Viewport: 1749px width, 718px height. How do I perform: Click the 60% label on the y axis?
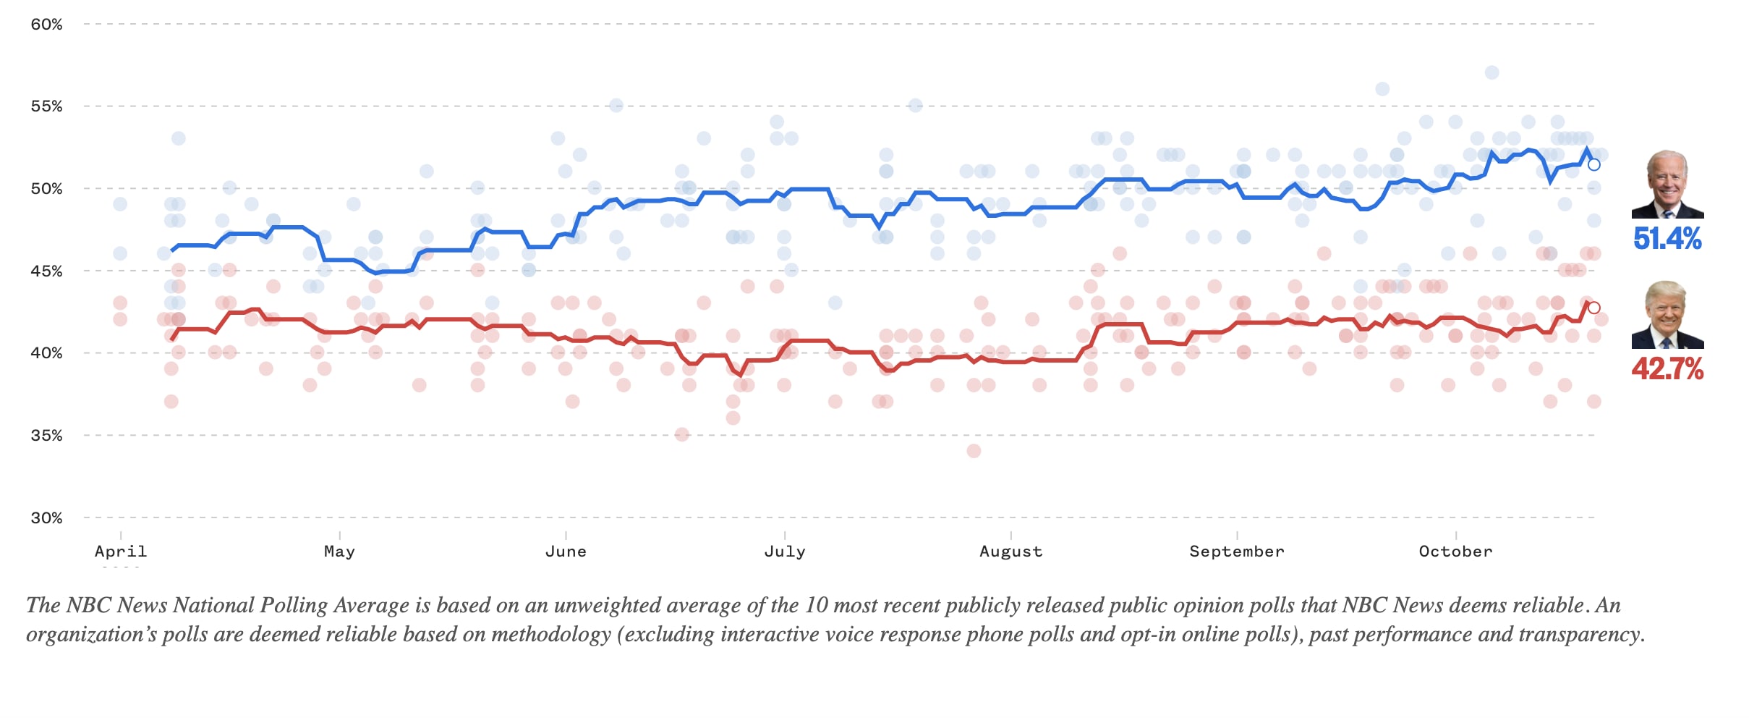[x=46, y=25]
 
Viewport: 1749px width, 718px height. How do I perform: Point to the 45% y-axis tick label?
[x=46, y=271]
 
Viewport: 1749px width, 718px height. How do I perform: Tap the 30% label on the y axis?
[x=46, y=518]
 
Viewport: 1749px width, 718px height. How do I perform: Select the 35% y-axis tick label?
[x=46, y=436]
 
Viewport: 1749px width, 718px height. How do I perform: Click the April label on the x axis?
[x=121, y=552]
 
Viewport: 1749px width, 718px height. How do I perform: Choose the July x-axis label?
[x=785, y=552]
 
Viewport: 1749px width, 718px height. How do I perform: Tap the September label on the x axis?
[x=1237, y=552]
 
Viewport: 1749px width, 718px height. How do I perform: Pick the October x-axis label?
[x=1455, y=552]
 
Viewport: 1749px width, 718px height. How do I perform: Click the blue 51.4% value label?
[x=1667, y=239]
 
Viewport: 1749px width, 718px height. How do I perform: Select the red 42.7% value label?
[x=1667, y=369]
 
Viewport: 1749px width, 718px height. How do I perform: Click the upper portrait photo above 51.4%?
[x=1667, y=185]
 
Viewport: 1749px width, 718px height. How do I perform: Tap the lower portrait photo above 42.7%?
[x=1667, y=315]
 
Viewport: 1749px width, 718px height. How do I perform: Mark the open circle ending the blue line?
[x=1593, y=165]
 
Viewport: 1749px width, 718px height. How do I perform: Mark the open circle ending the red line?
[x=1593, y=308]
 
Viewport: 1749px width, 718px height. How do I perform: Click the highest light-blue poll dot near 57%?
[x=1491, y=72]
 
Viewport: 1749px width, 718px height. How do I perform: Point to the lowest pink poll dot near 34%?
[x=974, y=451]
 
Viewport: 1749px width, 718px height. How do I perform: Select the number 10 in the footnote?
[x=816, y=605]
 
